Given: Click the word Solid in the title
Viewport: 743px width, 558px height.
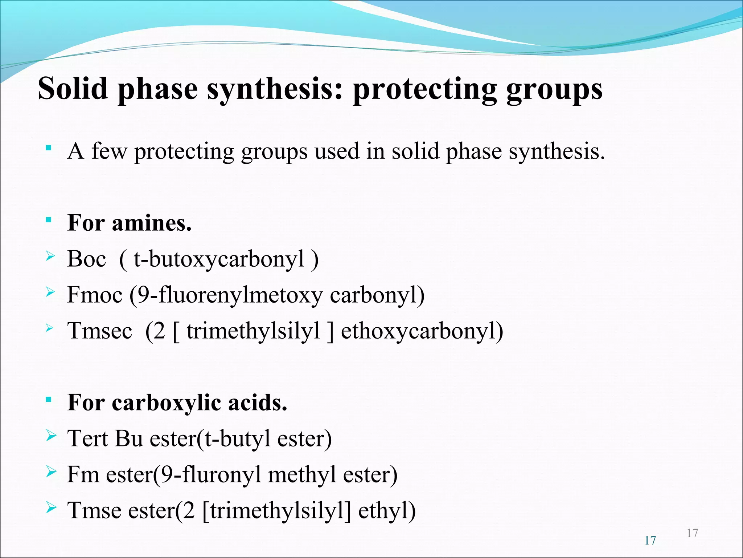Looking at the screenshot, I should click(73, 89).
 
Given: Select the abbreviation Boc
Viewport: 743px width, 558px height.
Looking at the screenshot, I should click(86, 259).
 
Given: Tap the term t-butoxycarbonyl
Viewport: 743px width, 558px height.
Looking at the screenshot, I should click(219, 260).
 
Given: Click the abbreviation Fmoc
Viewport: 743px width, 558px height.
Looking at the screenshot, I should click(95, 295).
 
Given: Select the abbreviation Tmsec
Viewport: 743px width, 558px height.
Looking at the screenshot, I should click(100, 331).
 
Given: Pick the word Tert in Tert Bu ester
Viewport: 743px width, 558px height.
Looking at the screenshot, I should click(88, 438).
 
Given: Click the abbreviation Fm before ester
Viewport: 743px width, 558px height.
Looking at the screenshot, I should click(83, 474).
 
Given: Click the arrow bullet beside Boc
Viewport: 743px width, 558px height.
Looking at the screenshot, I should click(50, 257).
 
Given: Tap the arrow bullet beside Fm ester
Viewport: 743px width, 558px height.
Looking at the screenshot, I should click(51, 472).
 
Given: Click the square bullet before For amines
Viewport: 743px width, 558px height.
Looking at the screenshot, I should click(48, 219).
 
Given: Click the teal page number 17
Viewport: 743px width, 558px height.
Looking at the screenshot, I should click(650, 541).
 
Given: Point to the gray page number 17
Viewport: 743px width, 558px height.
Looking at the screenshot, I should click(692, 533).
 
